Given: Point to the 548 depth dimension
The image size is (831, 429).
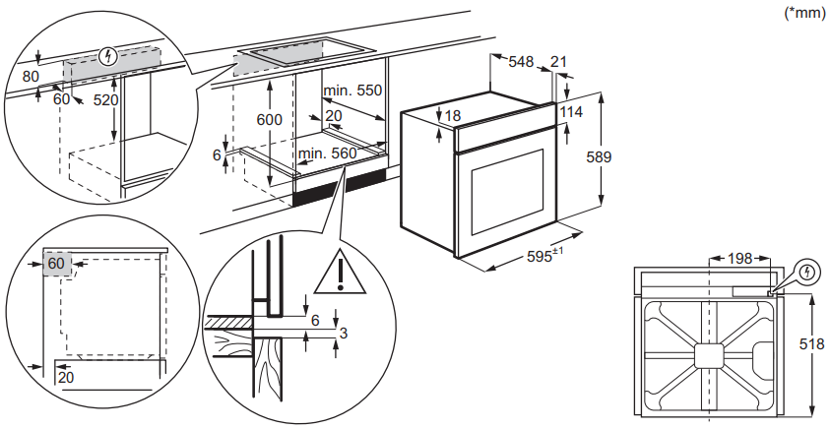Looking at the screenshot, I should [522, 62].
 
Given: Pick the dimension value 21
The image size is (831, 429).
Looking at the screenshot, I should [559, 62].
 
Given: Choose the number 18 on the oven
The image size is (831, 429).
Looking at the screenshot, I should [452, 116].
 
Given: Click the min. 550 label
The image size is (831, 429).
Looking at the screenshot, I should [354, 90].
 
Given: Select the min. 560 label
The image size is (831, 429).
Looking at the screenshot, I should [329, 153].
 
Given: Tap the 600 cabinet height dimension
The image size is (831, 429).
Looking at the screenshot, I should [269, 119].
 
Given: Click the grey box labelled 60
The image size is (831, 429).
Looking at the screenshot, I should [56, 264].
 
